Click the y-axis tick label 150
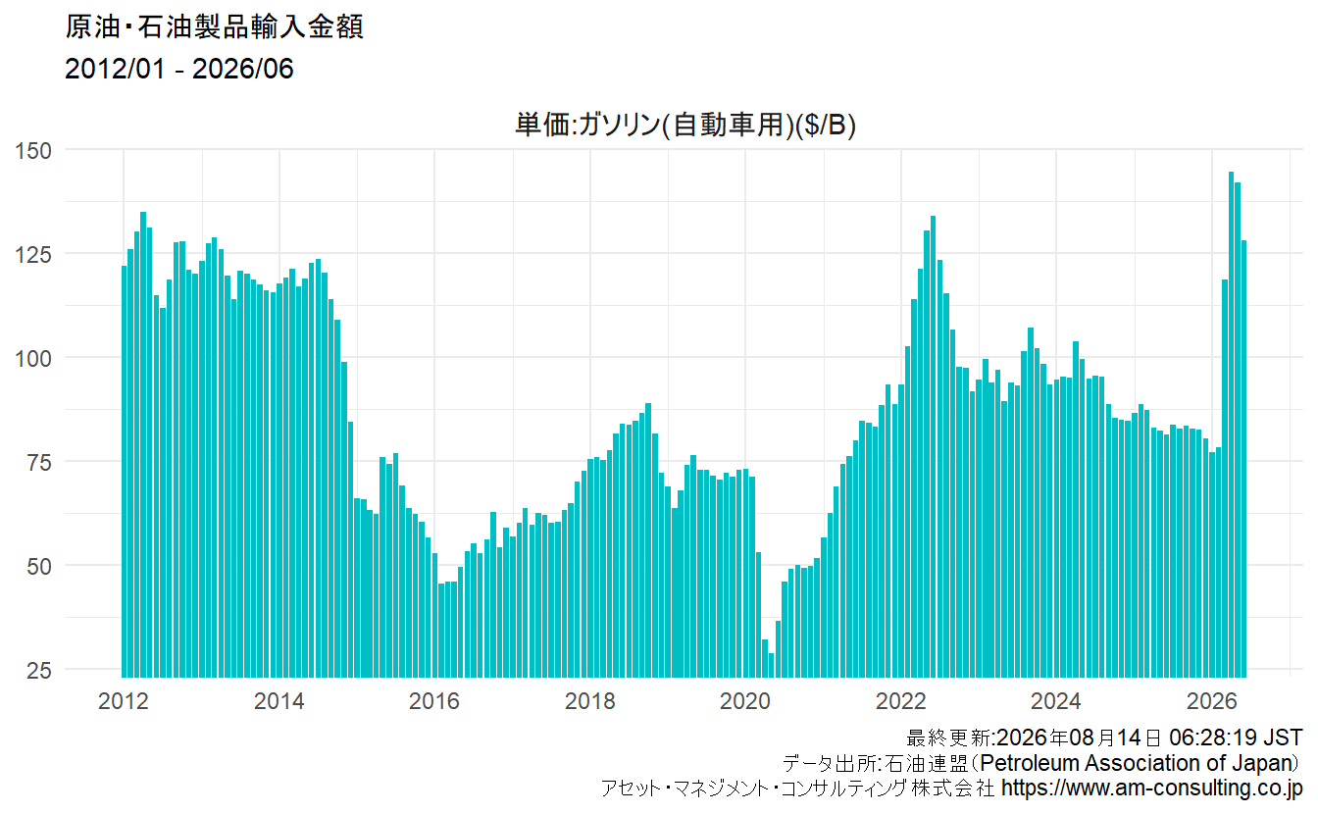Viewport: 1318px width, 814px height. (33, 151)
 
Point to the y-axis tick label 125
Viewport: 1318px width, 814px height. (33, 255)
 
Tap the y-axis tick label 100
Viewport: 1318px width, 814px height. (33, 358)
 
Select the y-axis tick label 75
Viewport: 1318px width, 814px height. (39, 463)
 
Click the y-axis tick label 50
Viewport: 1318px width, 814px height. (39, 567)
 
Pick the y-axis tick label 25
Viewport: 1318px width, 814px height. (39, 671)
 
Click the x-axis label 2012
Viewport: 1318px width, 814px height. (124, 701)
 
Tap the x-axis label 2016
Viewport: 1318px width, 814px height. (434, 701)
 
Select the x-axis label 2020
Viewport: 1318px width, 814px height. (745, 701)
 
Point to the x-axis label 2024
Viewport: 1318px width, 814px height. (1056, 701)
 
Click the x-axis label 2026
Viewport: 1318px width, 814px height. (1212, 701)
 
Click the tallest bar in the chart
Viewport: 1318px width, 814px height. (1232, 424)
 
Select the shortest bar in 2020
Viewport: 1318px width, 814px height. (772, 665)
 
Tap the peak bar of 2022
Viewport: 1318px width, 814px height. (934, 446)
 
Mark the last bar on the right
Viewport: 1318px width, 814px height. (1244, 459)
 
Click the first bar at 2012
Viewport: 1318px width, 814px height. (125, 472)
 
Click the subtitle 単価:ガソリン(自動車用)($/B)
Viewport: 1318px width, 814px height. (685, 125)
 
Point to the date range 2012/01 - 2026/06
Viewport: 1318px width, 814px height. (178, 69)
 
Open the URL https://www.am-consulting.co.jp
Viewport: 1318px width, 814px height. (1152, 788)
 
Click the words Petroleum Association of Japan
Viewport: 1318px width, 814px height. (1139, 763)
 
